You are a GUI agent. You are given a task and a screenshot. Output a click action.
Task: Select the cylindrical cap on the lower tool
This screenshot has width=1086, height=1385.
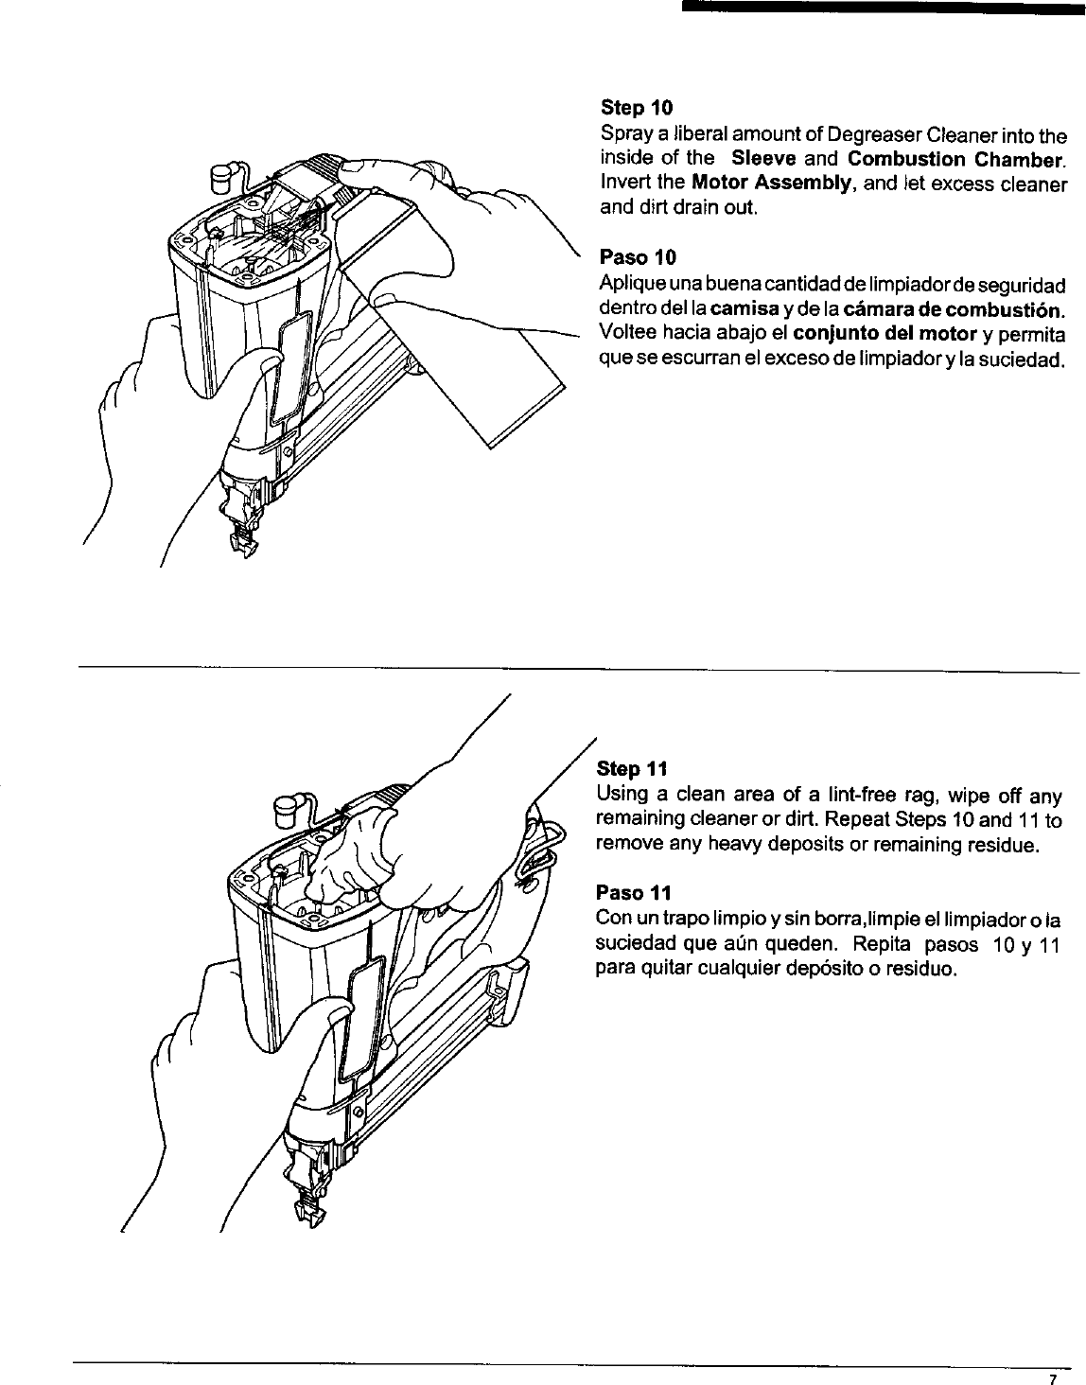pos(285,809)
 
